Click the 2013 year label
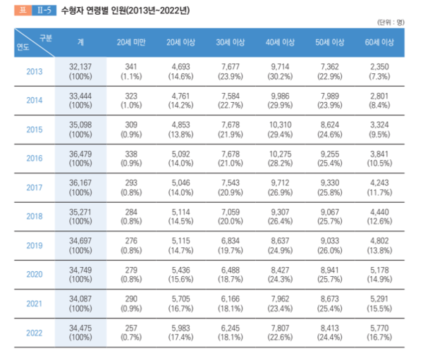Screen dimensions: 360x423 (x=34, y=71)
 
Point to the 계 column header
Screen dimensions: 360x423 (x=81, y=42)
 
